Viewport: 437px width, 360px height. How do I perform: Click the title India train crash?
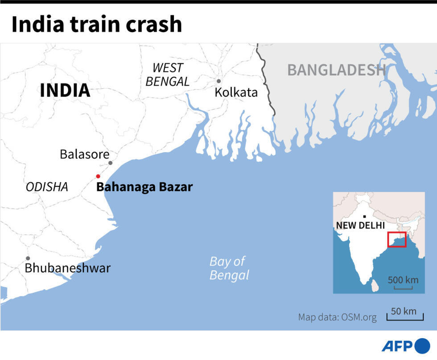96,25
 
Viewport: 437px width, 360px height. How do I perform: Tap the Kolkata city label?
236,92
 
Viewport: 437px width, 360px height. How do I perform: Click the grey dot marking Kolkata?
218,81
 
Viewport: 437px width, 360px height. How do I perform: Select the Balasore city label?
84,154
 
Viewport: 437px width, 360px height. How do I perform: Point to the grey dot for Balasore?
111,163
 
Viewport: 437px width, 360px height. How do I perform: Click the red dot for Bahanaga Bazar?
98,176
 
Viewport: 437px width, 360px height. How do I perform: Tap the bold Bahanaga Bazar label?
144,187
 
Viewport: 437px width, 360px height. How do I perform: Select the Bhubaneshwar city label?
67,268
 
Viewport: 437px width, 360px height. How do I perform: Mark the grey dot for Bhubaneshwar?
28,258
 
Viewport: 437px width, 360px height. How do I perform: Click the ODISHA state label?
47,187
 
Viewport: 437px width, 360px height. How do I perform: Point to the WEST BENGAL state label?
168,74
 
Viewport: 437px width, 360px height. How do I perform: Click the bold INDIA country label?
65,91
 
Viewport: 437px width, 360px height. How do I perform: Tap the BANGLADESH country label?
336,70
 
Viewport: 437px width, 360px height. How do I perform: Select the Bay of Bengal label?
229,268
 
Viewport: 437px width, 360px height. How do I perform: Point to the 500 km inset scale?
403,282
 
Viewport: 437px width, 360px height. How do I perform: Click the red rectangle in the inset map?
396,240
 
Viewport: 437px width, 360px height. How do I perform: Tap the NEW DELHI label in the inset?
360,225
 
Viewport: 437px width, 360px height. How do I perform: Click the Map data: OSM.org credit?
337,318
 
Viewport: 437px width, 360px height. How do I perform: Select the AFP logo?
405,347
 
